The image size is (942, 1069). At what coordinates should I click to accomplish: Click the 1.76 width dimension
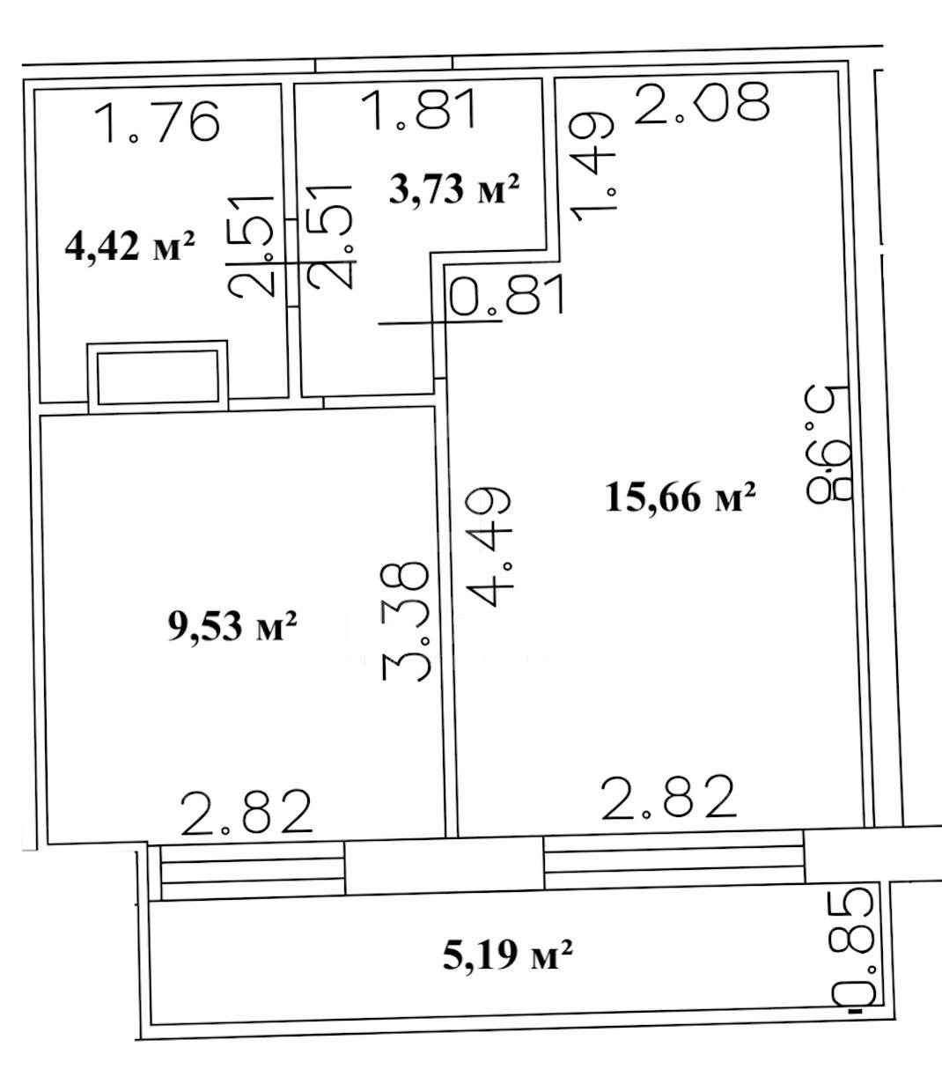tap(157, 122)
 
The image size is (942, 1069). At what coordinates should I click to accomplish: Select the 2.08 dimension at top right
tap(701, 102)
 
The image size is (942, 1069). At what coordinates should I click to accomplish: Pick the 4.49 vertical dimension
tap(489, 547)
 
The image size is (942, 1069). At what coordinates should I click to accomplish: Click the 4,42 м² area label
tap(129, 247)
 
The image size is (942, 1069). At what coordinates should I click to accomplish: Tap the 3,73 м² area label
tap(454, 189)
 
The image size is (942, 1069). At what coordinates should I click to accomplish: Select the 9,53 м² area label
tap(232, 626)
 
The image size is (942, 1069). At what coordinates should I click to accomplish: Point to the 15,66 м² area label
tap(681, 497)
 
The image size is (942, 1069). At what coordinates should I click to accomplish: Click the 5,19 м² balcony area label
tap(508, 955)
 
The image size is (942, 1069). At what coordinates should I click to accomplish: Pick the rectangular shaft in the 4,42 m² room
tap(158, 377)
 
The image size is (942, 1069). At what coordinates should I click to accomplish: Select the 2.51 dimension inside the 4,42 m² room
tap(252, 246)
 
